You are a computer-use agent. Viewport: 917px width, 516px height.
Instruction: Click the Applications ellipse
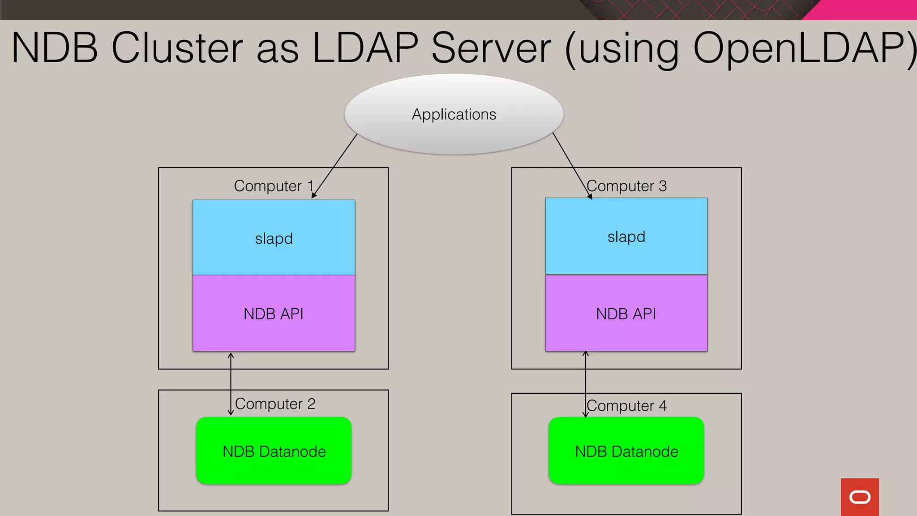pyautogui.click(x=454, y=114)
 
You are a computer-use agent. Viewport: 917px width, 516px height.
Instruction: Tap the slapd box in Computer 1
pyautogui.click(x=274, y=237)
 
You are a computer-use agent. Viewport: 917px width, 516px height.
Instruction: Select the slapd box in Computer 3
pyautogui.click(x=626, y=236)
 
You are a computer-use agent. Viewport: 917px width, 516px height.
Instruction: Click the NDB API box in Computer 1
pyautogui.click(x=274, y=313)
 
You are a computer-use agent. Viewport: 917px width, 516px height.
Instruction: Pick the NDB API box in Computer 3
pyautogui.click(x=626, y=313)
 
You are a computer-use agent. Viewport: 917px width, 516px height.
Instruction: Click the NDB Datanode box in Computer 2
pyautogui.click(x=274, y=451)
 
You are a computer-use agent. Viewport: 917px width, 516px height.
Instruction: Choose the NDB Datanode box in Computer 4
pyautogui.click(x=626, y=451)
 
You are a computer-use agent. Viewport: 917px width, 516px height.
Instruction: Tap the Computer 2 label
pyautogui.click(x=275, y=404)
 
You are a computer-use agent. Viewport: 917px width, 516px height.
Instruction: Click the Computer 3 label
pyautogui.click(x=626, y=186)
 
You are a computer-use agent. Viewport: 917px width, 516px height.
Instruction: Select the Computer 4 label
pyautogui.click(x=626, y=406)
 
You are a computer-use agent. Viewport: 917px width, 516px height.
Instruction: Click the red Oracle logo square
pyautogui.click(x=860, y=497)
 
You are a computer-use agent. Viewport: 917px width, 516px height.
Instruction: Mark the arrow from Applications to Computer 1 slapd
pyautogui.click(x=334, y=166)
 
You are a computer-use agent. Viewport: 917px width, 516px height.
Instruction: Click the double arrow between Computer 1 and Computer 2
pyautogui.click(x=231, y=384)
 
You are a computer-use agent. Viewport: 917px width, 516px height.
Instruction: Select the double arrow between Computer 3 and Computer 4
pyautogui.click(x=585, y=384)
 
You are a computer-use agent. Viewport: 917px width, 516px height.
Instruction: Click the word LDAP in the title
pyautogui.click(x=365, y=47)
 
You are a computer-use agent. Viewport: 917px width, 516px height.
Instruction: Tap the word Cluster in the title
pyautogui.click(x=177, y=47)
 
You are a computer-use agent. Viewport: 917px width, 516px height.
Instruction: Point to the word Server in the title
pyautogui.click(x=491, y=47)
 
